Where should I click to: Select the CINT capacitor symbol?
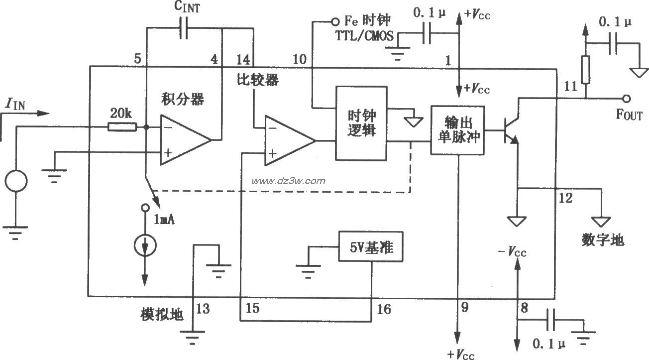[x=184, y=28]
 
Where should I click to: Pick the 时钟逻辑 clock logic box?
[x=361, y=122]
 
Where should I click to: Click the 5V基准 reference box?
[x=370, y=246]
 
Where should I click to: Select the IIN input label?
[x=15, y=104]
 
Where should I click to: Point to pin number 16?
[x=384, y=310]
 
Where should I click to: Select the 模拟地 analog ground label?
[x=162, y=314]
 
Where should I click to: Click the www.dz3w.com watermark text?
[x=289, y=181]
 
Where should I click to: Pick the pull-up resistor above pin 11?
[x=586, y=70]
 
